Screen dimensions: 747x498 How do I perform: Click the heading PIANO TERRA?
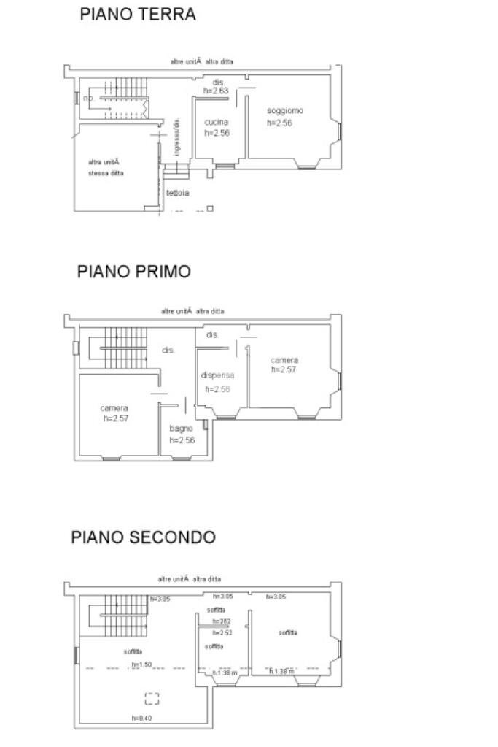coord(137,14)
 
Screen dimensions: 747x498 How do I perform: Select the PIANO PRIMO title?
coord(134,271)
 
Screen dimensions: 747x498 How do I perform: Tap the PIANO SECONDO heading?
coord(143,537)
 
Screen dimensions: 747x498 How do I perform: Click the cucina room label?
coord(217,122)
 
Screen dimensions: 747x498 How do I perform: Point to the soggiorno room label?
coord(284,111)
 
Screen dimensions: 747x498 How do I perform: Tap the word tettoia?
coord(177,193)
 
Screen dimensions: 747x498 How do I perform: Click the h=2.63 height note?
coord(217,91)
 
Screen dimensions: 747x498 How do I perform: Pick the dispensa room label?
coord(217,375)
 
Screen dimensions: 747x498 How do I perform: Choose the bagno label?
coord(181,429)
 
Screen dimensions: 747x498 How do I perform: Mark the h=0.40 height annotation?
coord(141,719)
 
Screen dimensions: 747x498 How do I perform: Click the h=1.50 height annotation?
coord(141,664)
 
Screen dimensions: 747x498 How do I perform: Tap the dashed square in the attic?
coord(152,697)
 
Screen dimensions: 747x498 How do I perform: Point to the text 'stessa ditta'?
coord(106,173)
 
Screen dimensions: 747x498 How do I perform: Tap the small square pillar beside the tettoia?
coord(210,209)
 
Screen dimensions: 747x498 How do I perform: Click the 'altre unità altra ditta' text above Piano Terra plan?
coord(201,61)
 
